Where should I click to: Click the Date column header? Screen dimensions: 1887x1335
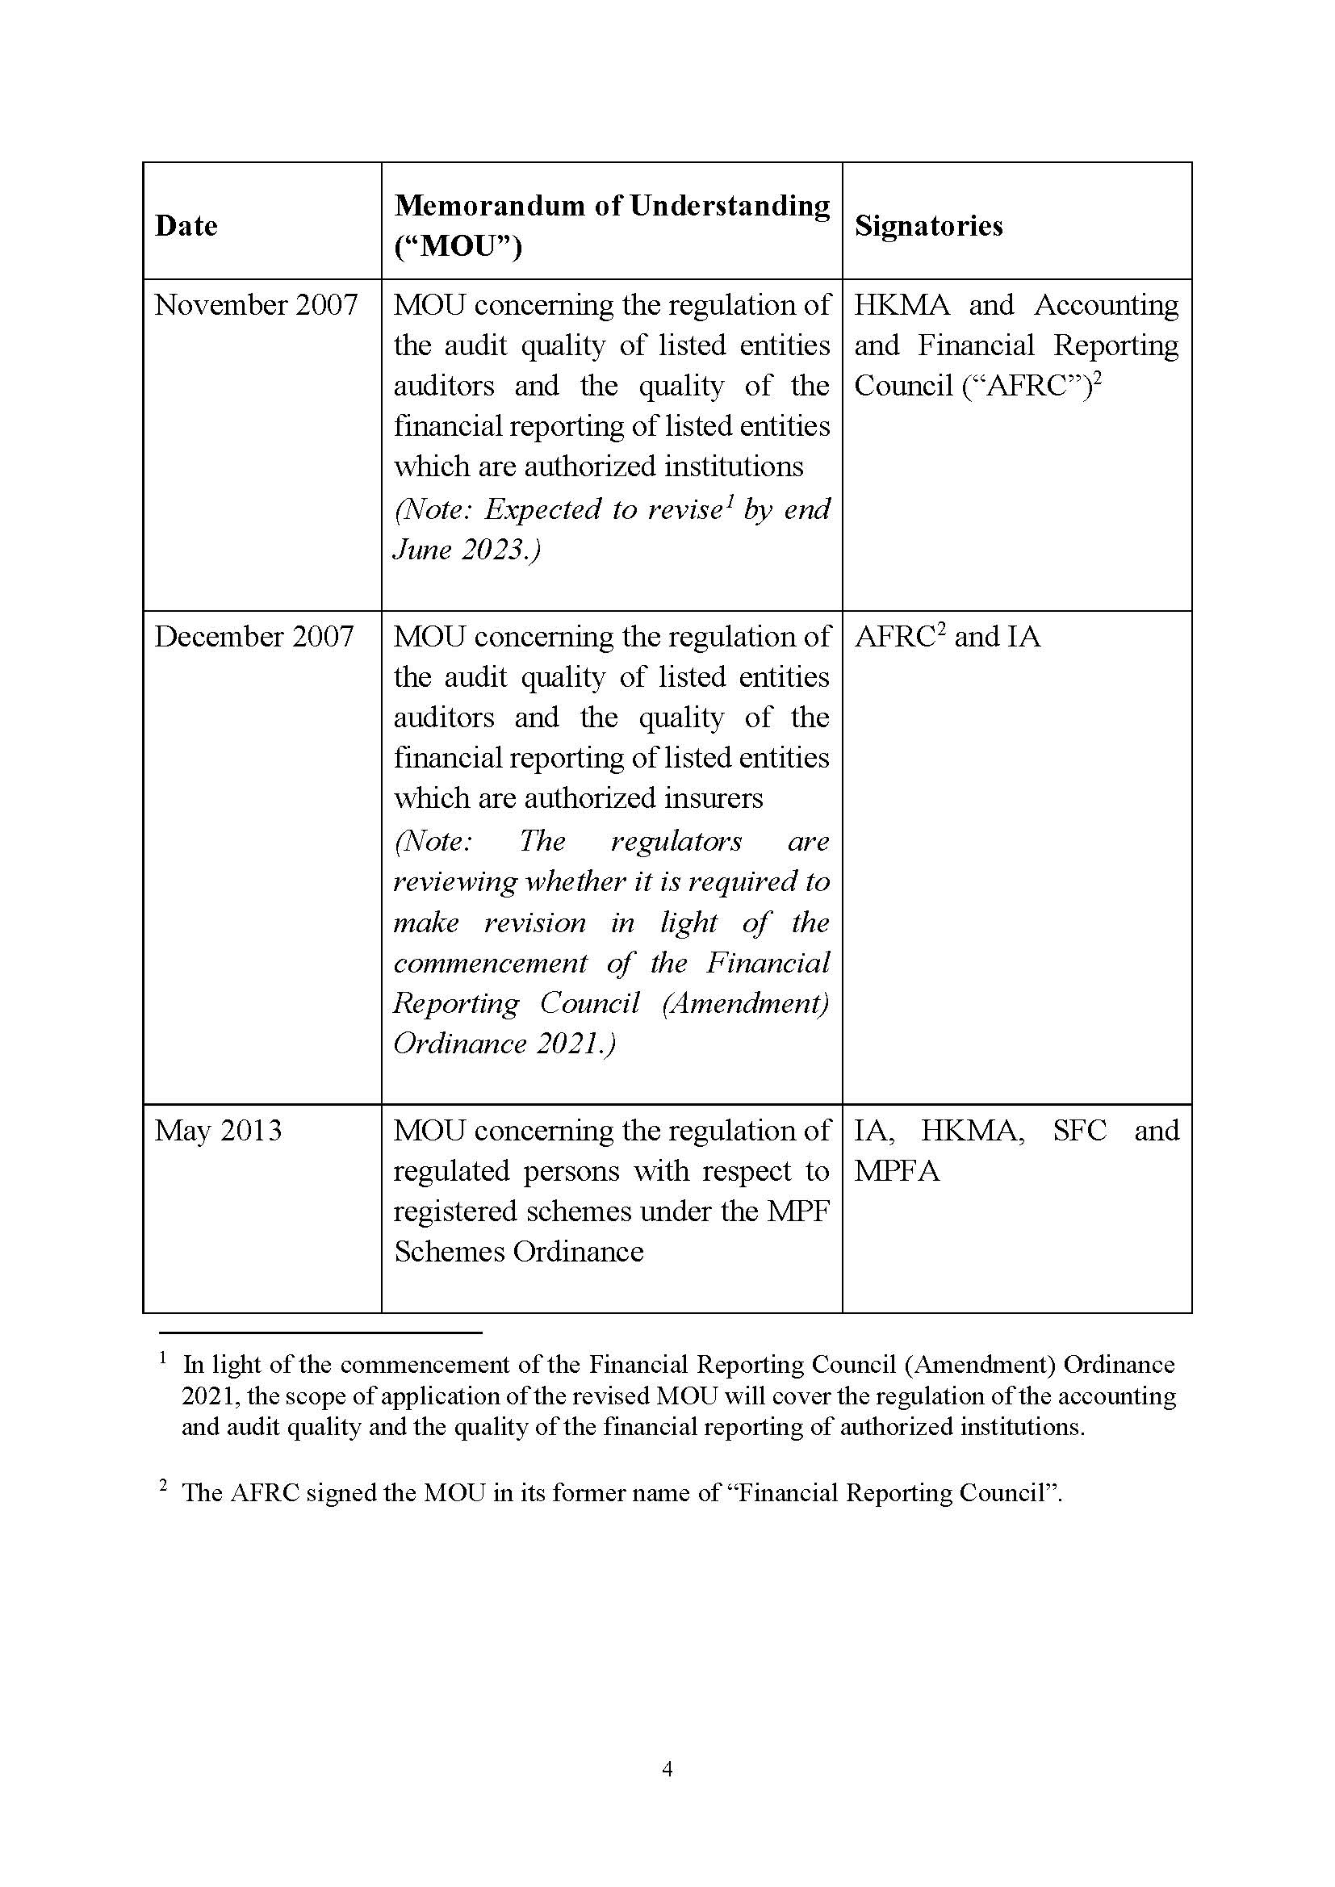[x=186, y=226]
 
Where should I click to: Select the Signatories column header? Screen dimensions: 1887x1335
[x=928, y=226]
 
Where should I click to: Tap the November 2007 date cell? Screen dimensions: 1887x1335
[x=256, y=306]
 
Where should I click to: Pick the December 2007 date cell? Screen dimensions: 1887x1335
[x=254, y=637]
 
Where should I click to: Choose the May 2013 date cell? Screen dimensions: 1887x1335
[x=218, y=1131]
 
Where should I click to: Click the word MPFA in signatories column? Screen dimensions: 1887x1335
[x=896, y=1171]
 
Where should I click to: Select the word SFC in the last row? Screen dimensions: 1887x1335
[x=1079, y=1131]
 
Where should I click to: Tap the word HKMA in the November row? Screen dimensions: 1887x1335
[x=901, y=306]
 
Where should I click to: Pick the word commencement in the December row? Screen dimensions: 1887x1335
[x=490, y=963]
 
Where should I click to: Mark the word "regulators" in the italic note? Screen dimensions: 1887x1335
[x=676, y=842]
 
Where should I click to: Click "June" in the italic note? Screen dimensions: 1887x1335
[x=421, y=550]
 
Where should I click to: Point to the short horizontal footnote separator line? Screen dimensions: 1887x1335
[x=320, y=1333]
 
